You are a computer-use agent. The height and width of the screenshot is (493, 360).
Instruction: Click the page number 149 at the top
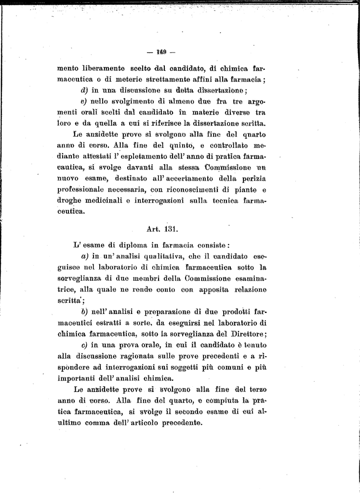[161, 52]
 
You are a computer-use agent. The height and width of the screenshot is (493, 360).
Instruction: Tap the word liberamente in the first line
[105, 68]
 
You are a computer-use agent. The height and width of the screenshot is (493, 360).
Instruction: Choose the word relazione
[251, 289]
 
